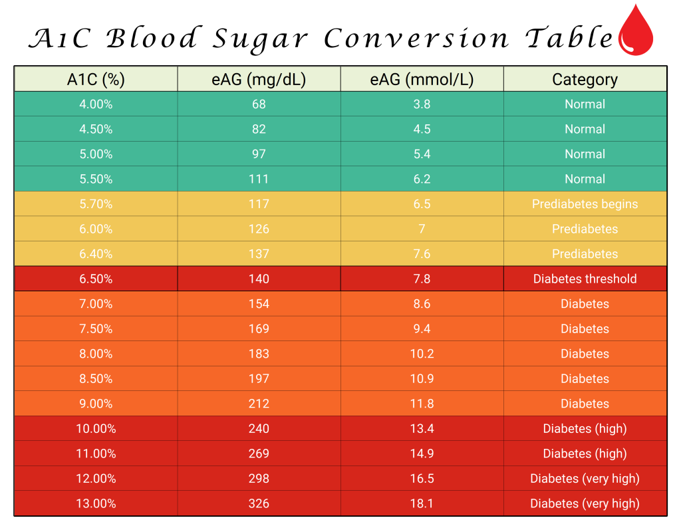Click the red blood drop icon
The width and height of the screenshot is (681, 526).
click(636, 31)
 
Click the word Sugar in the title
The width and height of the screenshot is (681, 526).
click(260, 39)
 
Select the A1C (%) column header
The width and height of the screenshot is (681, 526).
click(96, 80)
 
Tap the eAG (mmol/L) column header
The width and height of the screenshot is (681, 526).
click(422, 80)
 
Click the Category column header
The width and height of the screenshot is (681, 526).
click(585, 80)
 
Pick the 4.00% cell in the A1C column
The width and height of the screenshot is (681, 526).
click(96, 104)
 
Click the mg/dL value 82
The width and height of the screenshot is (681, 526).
click(259, 129)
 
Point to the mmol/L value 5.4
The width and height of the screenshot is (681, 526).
click(422, 154)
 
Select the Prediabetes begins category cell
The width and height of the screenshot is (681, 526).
click(585, 204)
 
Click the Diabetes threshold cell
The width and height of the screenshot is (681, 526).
click(585, 279)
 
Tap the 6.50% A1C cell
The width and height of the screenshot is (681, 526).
click(96, 279)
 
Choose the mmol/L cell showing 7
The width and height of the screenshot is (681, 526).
click(422, 229)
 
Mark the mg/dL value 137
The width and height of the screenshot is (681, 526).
click(259, 254)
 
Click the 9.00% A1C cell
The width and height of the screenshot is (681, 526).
click(96, 404)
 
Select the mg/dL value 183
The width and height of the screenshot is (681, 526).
click(259, 354)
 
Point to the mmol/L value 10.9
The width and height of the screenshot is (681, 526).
click(422, 379)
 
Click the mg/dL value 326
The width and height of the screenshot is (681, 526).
click(259, 503)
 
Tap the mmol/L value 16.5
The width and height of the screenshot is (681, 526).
click(422, 479)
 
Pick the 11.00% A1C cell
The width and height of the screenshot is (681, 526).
click(96, 454)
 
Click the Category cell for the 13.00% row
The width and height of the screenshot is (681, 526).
click(585, 503)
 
